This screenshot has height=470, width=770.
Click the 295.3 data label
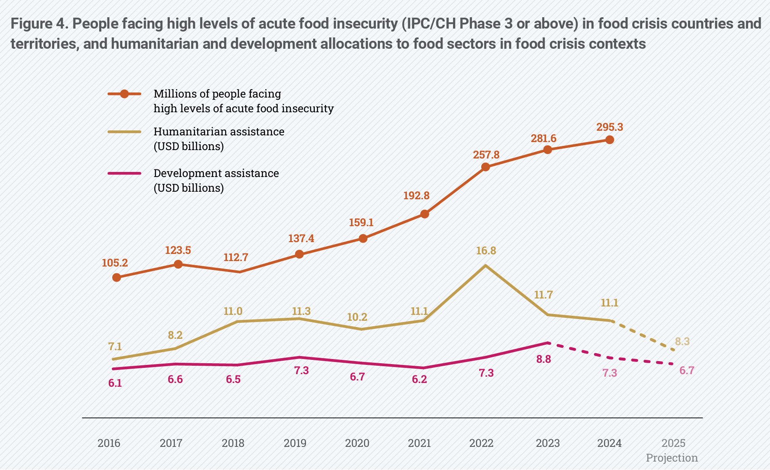(609, 127)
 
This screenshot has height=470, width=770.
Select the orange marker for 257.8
(485, 167)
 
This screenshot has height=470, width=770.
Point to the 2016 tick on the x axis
(109, 443)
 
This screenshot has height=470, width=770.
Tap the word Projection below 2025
(672, 458)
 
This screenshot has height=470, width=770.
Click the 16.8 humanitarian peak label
(486, 251)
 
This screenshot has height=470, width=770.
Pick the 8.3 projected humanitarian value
(682, 341)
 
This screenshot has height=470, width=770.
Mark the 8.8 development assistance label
(543, 359)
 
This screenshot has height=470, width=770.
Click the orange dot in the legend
(124, 94)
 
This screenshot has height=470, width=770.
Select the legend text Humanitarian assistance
(219, 132)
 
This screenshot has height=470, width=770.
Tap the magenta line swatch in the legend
(124, 173)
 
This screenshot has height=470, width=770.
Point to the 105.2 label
(115, 263)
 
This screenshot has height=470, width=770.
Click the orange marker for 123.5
(178, 264)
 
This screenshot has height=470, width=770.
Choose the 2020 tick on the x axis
(357, 443)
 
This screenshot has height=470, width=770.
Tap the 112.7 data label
(236, 257)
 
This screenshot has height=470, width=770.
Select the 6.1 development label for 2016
(115, 383)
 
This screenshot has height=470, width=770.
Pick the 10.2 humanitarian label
(357, 317)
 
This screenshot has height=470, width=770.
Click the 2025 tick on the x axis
(673, 443)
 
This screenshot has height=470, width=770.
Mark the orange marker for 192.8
(425, 214)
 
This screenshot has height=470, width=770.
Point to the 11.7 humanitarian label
(543, 295)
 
